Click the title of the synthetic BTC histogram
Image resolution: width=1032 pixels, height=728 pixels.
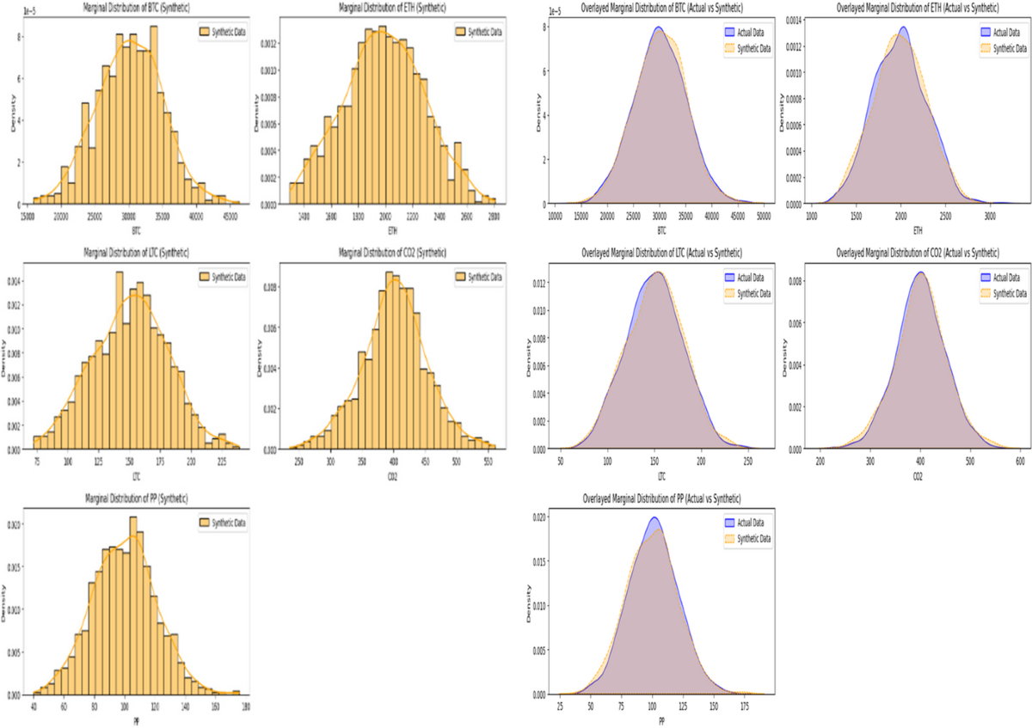pos(135,8)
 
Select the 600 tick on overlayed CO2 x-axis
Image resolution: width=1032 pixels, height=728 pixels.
pos(1020,461)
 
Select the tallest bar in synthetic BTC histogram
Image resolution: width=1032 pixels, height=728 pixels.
pos(153,27)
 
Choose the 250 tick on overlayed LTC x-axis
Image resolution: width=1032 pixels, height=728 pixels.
pos(746,461)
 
